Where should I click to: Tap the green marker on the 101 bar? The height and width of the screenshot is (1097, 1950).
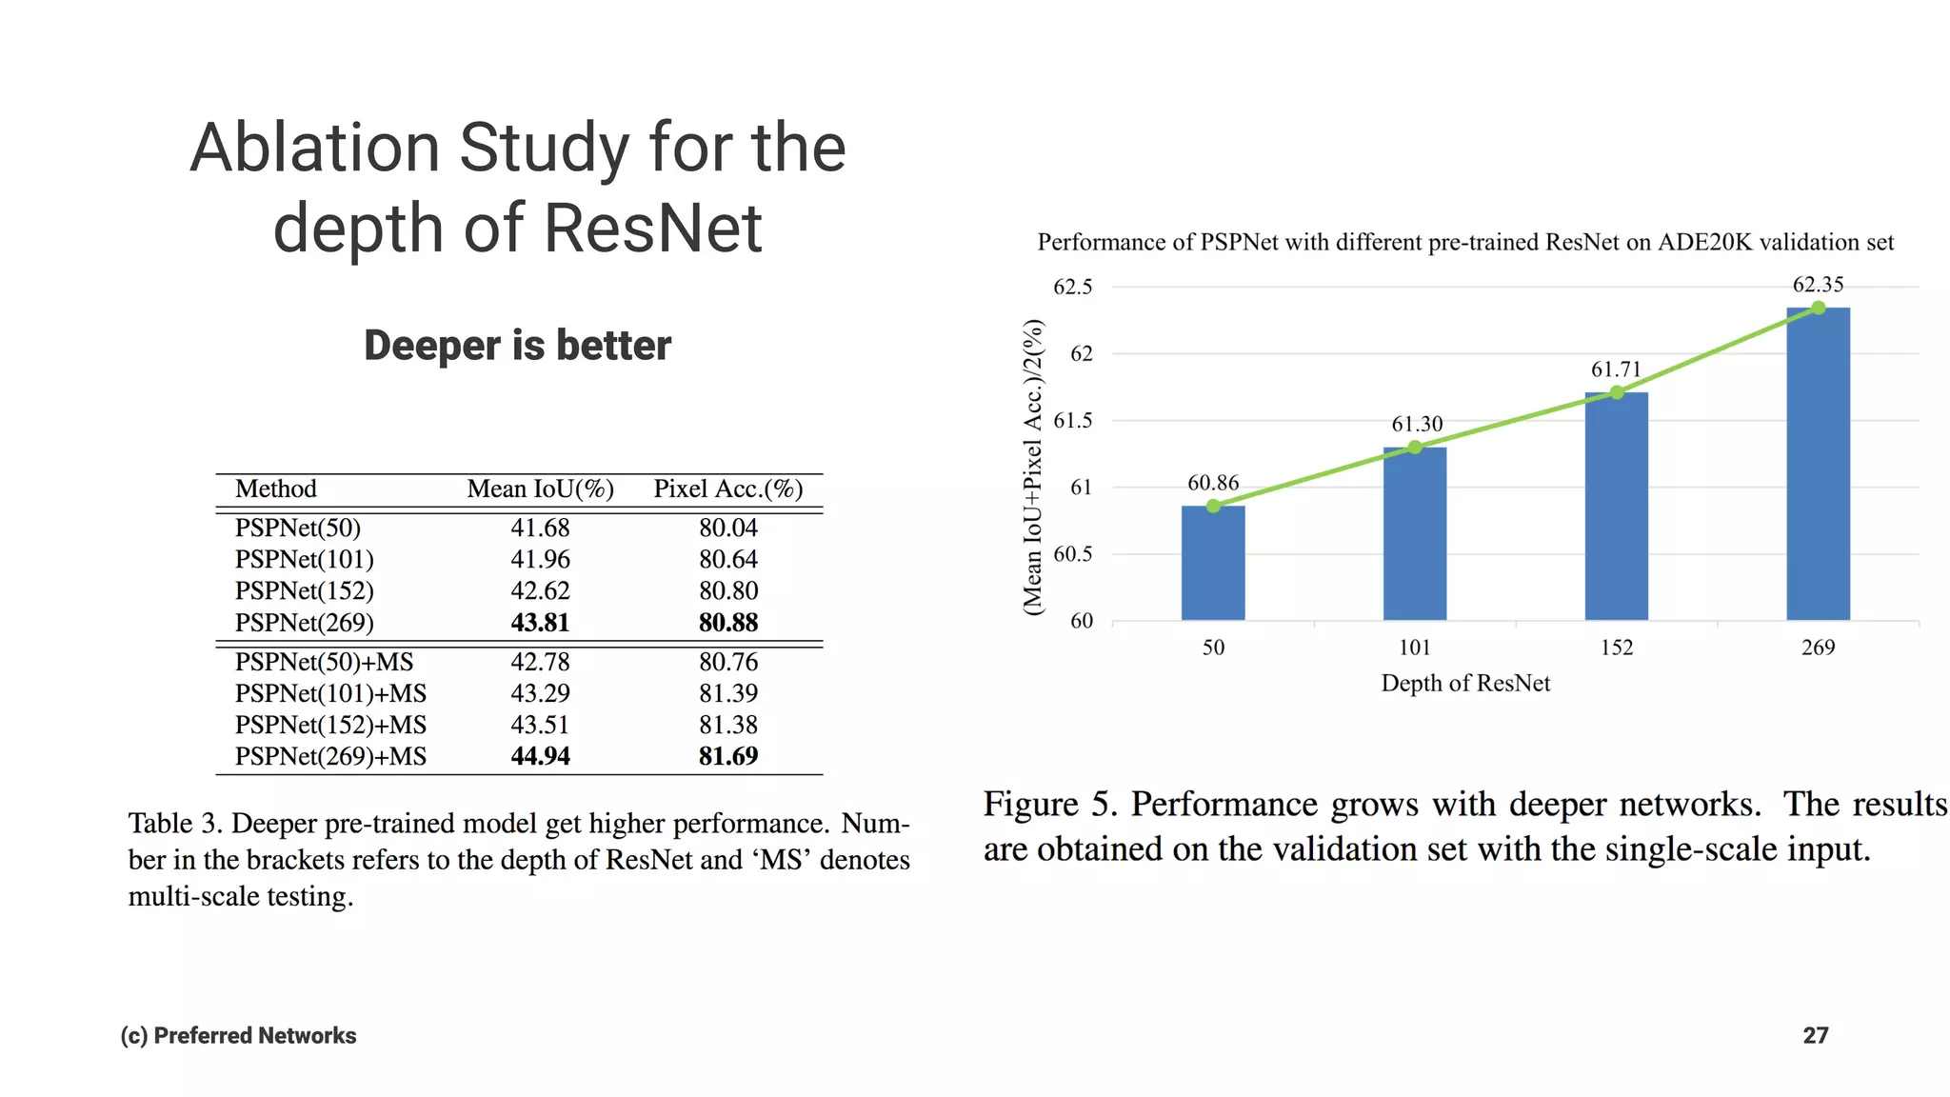click(1415, 448)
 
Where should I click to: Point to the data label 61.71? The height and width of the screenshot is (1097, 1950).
click(1616, 369)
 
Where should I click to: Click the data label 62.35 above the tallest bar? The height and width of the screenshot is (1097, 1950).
click(1818, 285)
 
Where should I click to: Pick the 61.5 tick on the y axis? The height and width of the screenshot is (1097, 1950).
click(1072, 421)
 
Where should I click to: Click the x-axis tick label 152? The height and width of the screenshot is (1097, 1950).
click(1616, 648)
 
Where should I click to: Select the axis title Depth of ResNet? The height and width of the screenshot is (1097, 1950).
click(1465, 684)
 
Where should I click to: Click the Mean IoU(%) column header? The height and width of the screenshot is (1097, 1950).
click(540, 489)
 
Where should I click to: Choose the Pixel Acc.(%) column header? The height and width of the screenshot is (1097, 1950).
click(728, 489)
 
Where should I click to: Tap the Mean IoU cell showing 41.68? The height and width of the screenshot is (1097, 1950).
click(540, 529)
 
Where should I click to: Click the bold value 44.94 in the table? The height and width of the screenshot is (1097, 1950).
click(540, 757)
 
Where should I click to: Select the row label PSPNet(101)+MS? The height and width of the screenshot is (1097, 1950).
click(330, 694)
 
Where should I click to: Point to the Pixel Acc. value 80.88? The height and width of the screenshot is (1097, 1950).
click(728, 623)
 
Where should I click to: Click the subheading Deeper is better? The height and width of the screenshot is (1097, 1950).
click(517, 346)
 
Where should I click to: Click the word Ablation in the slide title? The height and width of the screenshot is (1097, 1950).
click(314, 149)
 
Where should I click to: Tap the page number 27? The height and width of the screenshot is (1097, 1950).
click(1815, 1036)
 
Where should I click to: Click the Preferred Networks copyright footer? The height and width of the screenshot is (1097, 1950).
click(238, 1036)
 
